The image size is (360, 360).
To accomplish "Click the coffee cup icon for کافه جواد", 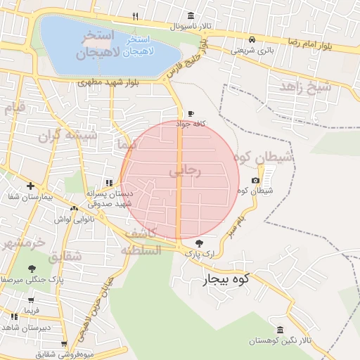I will pyautogui.click(x=190, y=113).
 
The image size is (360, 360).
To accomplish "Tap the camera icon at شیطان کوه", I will pyautogui.click(x=255, y=181).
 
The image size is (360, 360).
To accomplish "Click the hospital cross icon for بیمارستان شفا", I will pyautogui.click(x=30, y=186).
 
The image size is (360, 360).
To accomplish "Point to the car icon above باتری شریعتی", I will pyautogui.click(x=252, y=39).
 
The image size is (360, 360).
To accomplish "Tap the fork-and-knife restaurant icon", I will pyautogui.click(x=134, y=15).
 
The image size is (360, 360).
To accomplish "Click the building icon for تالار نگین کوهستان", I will pyautogui.click(x=280, y=330).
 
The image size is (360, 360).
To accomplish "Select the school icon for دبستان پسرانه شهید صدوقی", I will pyautogui.click(x=108, y=182).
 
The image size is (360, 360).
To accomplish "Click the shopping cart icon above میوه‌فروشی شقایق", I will pyautogui.click(x=64, y=344).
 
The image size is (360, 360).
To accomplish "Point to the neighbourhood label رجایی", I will pyautogui.click(x=186, y=170).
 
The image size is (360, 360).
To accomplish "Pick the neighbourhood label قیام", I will pyautogui.click(x=14, y=108).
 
